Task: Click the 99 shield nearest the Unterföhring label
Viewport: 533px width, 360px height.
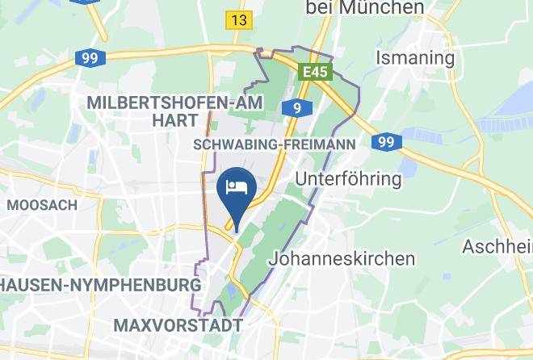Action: (387, 142)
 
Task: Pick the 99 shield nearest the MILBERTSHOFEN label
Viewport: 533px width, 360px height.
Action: (88, 58)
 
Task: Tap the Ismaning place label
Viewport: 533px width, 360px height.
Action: (415, 58)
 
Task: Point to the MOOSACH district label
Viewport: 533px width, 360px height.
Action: (42, 205)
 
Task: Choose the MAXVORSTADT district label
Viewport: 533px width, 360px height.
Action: (178, 325)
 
